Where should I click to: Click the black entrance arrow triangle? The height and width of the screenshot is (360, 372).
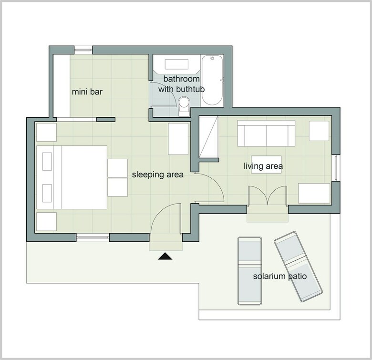click(165, 256)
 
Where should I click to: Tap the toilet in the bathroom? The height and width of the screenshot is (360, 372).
click(185, 106)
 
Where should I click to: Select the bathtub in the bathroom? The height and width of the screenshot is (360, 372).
click(212, 80)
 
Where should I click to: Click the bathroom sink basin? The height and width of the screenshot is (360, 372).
click(176, 64)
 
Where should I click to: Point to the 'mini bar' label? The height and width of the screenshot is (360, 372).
click(87, 92)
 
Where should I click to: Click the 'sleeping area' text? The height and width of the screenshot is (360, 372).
click(158, 175)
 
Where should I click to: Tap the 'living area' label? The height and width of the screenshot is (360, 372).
click(263, 166)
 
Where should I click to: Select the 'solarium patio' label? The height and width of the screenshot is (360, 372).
click(280, 276)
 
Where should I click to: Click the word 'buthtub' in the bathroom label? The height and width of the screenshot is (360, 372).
click(190, 89)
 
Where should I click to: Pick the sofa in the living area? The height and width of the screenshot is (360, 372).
click(266, 134)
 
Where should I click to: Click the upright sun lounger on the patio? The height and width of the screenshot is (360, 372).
click(249, 271)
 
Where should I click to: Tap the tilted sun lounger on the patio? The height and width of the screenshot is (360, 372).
click(298, 267)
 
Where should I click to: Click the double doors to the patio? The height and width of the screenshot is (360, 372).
click(268, 195)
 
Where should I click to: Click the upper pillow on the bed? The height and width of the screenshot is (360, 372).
click(47, 162)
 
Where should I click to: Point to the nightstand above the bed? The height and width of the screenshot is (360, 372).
click(46, 132)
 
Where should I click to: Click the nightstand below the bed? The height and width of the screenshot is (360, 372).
click(46, 222)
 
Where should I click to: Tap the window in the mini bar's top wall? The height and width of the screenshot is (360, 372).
click(83, 50)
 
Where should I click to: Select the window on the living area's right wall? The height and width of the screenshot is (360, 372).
click(336, 168)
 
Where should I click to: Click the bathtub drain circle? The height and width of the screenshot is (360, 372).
click(212, 58)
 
